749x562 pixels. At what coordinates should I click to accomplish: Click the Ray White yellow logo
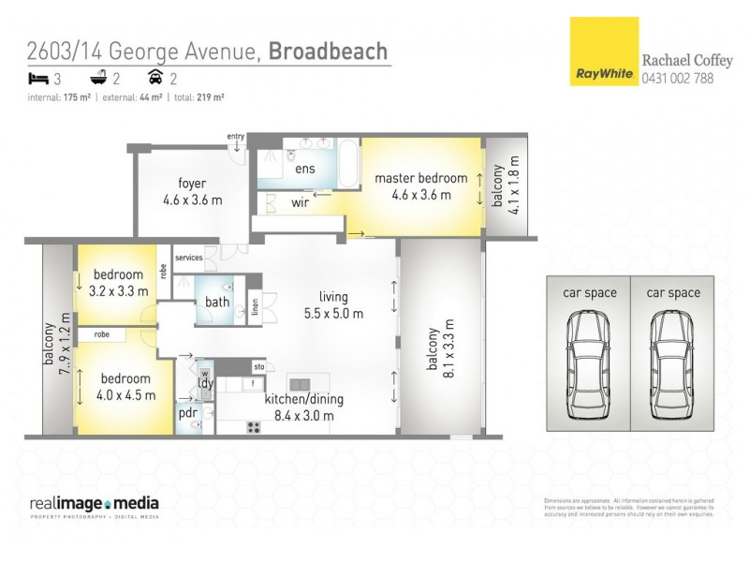[x=603, y=52]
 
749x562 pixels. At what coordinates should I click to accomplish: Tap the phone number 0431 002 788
[x=677, y=79]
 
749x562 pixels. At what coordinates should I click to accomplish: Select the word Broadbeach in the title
[x=328, y=51]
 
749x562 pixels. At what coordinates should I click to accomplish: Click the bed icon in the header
[x=38, y=79]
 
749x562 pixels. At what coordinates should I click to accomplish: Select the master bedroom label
[x=420, y=186]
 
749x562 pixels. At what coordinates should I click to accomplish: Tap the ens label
[x=305, y=170]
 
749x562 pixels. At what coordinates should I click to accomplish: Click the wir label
[x=301, y=201]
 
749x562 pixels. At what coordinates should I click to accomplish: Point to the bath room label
[x=217, y=303]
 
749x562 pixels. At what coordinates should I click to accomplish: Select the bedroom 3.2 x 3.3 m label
[x=117, y=283]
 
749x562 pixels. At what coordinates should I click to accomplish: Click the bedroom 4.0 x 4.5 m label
[x=125, y=386]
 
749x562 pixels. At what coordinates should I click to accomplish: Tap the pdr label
[x=186, y=412]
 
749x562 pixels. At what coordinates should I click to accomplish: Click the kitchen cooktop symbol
[x=253, y=427]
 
